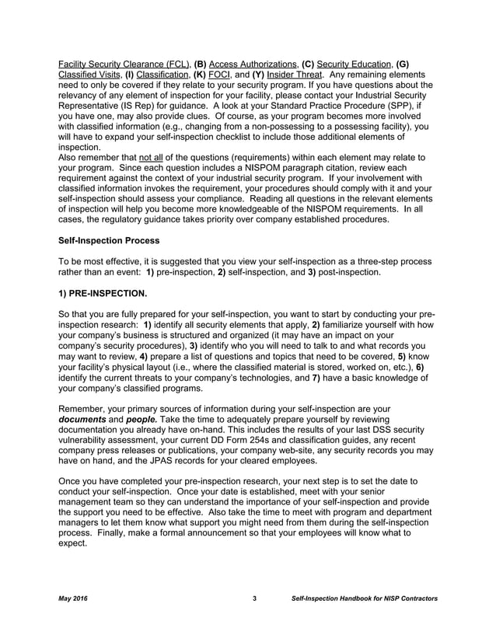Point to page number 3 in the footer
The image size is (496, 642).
pyautogui.click(x=254, y=598)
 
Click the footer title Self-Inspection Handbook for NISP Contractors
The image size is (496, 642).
pyautogui.click(x=364, y=598)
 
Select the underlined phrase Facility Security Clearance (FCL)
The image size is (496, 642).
pyautogui.click(x=124, y=64)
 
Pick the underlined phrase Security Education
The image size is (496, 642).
pyautogui.click(x=354, y=64)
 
